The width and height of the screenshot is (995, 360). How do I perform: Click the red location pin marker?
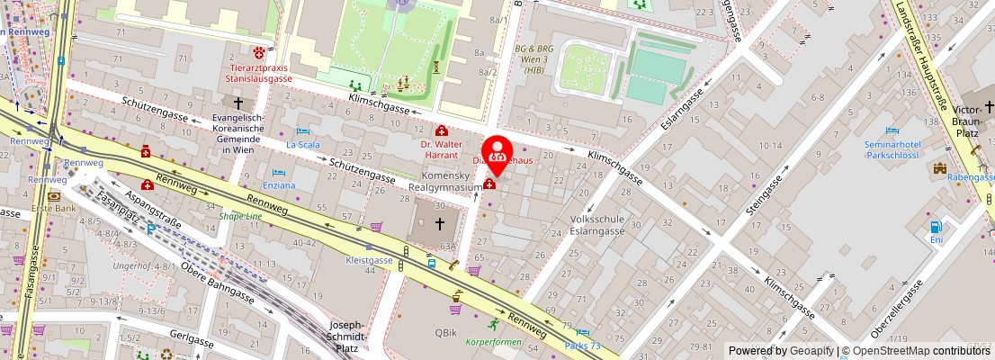click(x=497, y=154)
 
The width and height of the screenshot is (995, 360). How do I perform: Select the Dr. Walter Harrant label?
click(x=441, y=148)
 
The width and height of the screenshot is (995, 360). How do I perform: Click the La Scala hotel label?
click(x=302, y=144)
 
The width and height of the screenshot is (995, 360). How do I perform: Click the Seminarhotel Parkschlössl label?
click(x=892, y=148)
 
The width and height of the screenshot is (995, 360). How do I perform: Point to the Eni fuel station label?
click(x=937, y=239)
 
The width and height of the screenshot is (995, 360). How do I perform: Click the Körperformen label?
click(x=493, y=342)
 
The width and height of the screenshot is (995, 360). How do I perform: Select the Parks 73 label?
click(x=582, y=346)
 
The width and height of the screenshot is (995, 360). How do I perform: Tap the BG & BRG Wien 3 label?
click(x=533, y=59)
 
